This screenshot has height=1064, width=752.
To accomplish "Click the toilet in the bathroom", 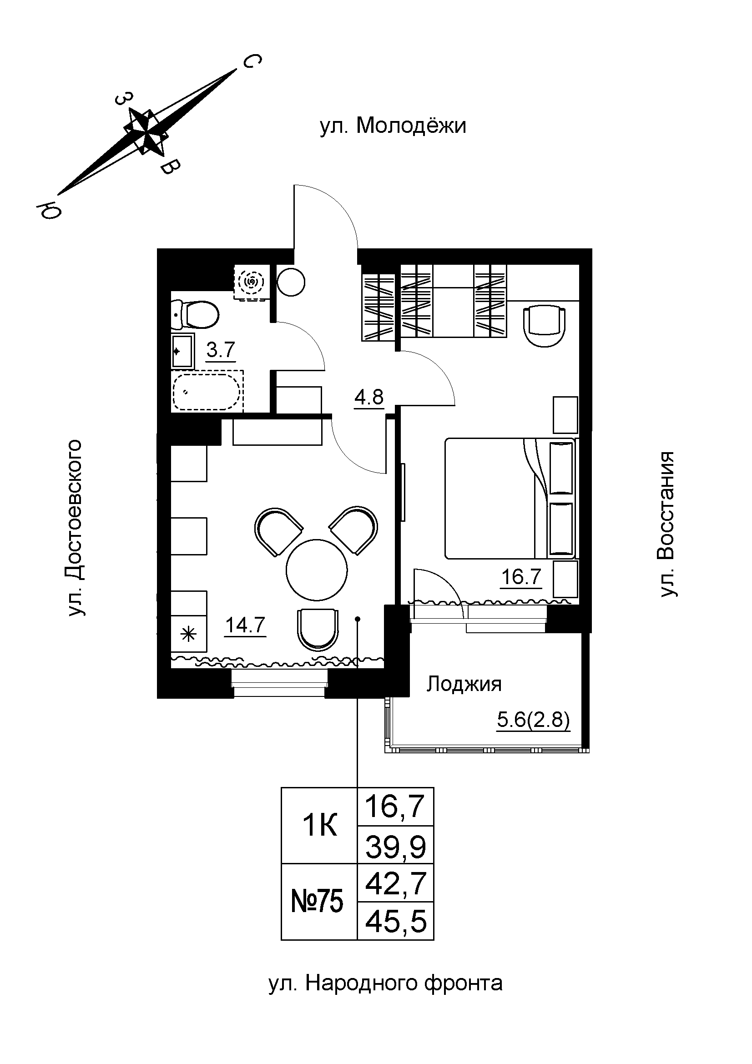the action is tap(195, 314).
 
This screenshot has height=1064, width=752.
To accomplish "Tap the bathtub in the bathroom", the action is tap(207, 390).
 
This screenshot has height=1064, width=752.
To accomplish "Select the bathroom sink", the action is tap(182, 351).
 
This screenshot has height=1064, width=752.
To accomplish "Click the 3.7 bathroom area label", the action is tap(221, 350).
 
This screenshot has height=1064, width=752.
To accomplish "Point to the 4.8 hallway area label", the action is tap(369, 397).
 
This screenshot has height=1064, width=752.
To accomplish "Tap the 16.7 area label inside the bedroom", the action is tap(521, 577).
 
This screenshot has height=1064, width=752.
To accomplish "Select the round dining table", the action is tap(317, 570).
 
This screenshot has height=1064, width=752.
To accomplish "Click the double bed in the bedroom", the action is tap(510, 498).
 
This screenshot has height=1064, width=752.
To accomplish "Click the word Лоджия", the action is tap(464, 684).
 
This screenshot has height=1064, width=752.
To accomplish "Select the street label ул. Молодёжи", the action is tap(393, 126).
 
